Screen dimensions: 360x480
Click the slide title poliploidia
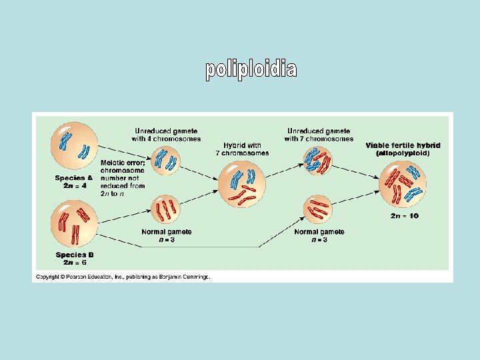click(251, 69)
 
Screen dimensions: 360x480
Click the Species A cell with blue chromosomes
click(74, 145)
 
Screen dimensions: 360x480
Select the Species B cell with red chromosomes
click(74, 225)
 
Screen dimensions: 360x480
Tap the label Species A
click(71, 178)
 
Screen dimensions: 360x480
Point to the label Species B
click(71, 255)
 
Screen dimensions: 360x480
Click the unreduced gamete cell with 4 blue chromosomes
click(165, 160)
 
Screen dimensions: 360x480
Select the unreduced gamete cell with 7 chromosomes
click(318, 160)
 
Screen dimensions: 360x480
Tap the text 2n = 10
click(405, 215)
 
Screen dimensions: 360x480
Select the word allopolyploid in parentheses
click(403, 153)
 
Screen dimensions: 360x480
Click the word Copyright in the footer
click(48, 277)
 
